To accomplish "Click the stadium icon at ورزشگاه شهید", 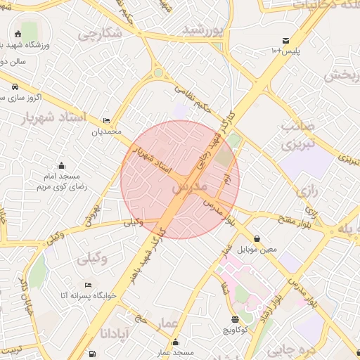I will pos(18,32).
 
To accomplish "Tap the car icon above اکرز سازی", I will pos(15,86).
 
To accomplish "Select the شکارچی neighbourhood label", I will pos(99,33).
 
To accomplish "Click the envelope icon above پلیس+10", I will pos(285,41).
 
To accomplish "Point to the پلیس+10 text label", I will pos(285,52).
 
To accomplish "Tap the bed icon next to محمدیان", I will pos(106,120).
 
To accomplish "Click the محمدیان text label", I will pos(106,131).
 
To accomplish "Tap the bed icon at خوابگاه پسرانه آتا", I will pos(87,285).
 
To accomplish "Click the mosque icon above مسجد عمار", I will pos(175,342).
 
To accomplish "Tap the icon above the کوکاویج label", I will pos(235,319).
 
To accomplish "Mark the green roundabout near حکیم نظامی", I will pos(159,73).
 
